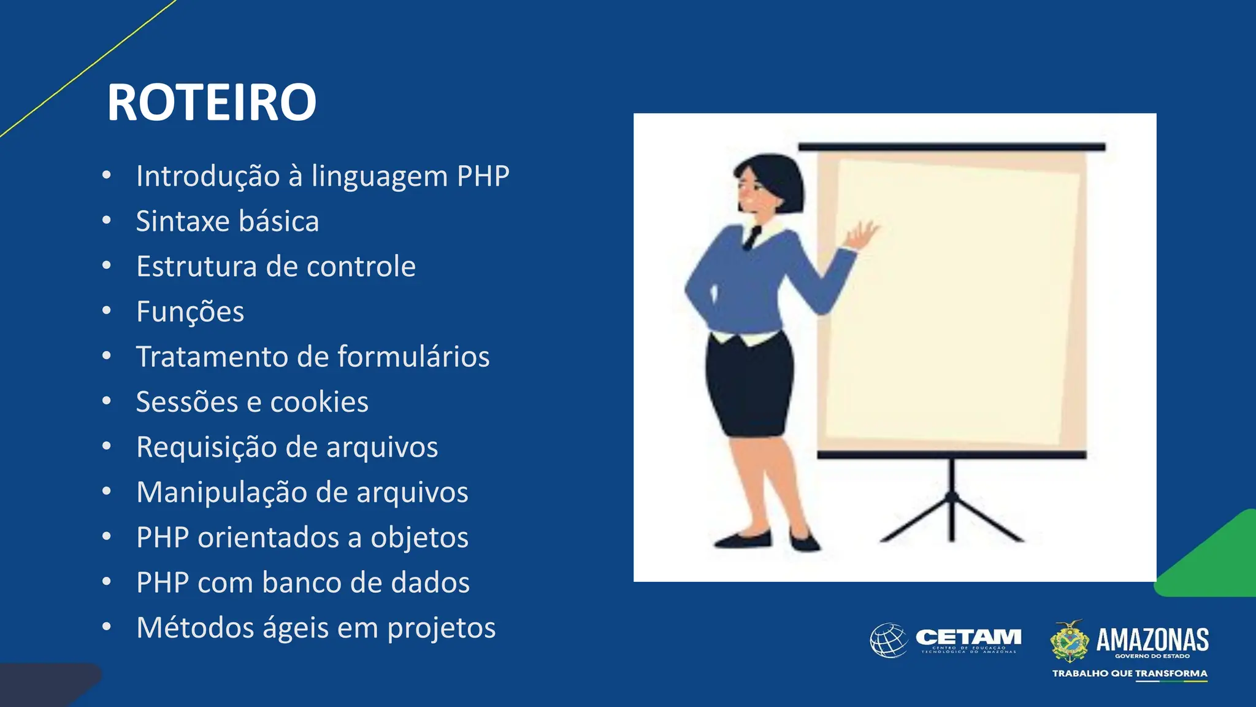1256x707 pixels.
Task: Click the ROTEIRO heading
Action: (x=212, y=102)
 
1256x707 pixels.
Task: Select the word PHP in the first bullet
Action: (x=483, y=176)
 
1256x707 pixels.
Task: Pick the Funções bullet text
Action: (x=190, y=312)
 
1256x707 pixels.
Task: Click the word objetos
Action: (x=419, y=538)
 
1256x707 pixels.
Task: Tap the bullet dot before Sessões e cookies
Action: (x=107, y=401)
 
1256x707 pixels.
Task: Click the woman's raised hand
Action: (x=863, y=235)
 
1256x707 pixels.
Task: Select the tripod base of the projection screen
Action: (x=952, y=516)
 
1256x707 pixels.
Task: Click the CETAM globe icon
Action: (x=889, y=640)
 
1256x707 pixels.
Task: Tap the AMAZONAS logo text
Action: (x=1152, y=639)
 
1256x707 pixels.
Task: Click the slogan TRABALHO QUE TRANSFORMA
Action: (x=1130, y=673)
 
